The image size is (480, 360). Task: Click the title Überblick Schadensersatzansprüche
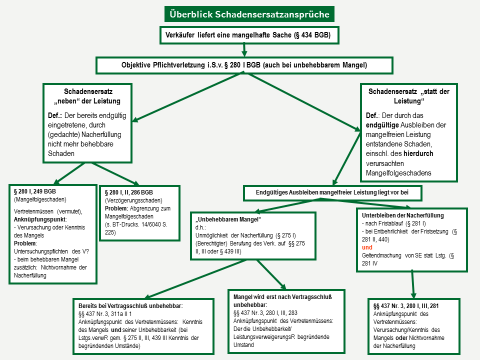[249, 14]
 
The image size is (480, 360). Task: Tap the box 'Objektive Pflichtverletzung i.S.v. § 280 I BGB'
[244, 65]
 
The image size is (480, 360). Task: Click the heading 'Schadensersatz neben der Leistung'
[87, 96]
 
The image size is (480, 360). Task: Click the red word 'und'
[367, 247]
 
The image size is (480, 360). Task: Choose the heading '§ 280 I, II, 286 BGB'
[129, 192]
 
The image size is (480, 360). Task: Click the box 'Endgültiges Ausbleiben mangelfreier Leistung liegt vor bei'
[332, 192]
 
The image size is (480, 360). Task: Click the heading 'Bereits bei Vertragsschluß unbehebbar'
[130, 305]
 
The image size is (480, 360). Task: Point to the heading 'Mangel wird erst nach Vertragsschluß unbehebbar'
[282, 300]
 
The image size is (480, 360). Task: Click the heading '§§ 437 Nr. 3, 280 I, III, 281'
[406, 305]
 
